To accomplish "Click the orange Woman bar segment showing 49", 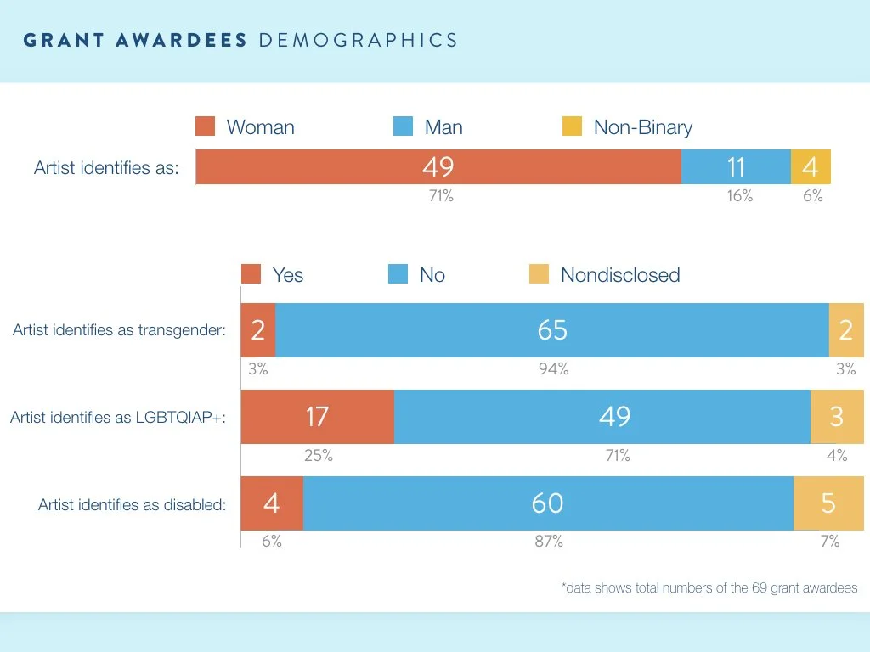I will click(x=438, y=167).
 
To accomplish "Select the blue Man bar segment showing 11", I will click(x=736, y=167).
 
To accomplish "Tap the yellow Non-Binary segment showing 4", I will click(x=811, y=167).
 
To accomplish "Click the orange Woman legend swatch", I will click(x=206, y=127).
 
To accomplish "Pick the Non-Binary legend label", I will click(x=643, y=127).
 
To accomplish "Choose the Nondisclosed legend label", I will click(x=620, y=275).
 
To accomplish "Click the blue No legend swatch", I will click(x=398, y=274).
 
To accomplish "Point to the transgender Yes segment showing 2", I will click(x=258, y=330).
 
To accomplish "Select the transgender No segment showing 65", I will click(x=552, y=330).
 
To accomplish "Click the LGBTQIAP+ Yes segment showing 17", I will click(x=317, y=417).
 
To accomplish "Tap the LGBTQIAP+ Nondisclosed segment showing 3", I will click(x=837, y=417).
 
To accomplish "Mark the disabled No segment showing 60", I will click(x=548, y=503).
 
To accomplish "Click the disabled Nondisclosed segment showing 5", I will click(x=828, y=503).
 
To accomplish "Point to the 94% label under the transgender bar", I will click(x=553, y=369).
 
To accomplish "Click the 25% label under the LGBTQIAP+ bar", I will click(x=319, y=456).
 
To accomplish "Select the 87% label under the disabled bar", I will click(x=548, y=542).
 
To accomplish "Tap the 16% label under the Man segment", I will click(x=739, y=196).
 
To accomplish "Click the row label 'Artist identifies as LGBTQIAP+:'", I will click(x=118, y=417).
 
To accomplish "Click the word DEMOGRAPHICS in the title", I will click(x=357, y=40).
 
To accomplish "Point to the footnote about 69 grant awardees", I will click(x=709, y=587).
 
